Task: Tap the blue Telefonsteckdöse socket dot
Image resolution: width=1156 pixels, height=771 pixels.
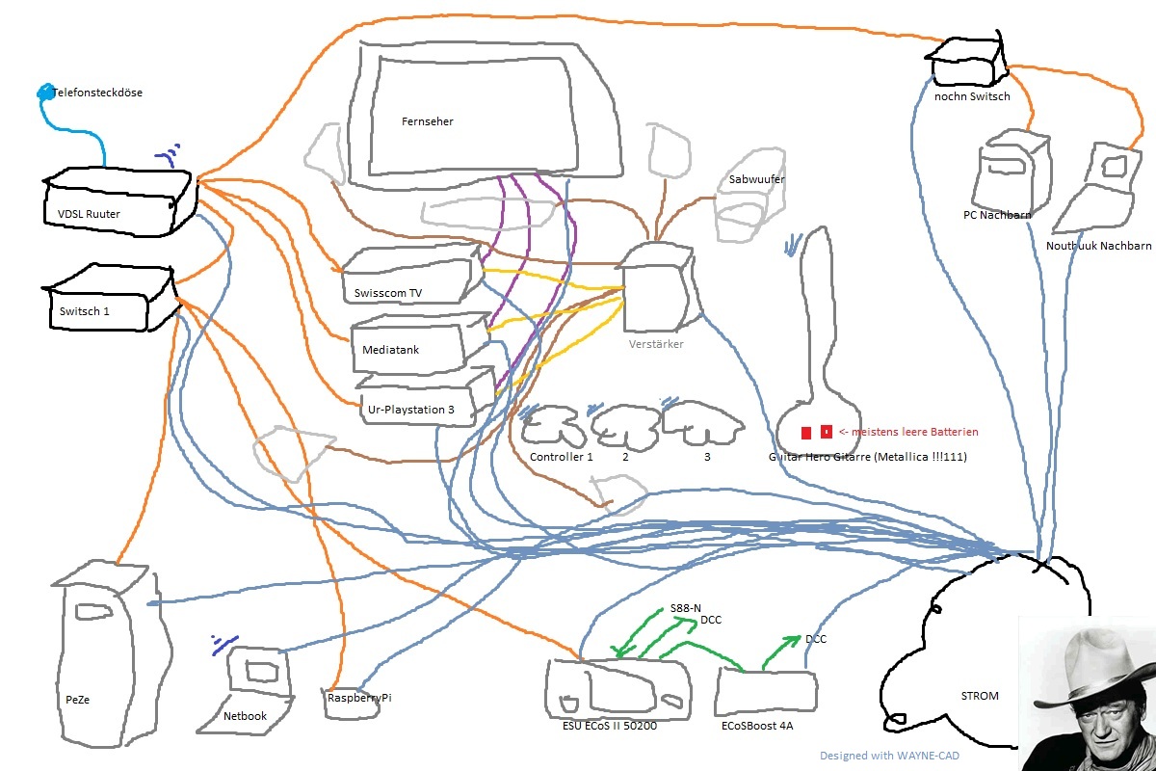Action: tap(44, 93)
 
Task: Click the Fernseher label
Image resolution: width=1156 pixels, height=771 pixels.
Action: tap(428, 122)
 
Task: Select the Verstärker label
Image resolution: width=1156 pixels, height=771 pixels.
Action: tap(655, 344)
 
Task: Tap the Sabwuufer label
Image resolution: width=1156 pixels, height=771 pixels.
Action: tap(756, 180)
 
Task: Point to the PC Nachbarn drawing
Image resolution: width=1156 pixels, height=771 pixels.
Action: tap(1011, 173)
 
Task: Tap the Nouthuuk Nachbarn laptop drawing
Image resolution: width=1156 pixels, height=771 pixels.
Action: tap(1098, 193)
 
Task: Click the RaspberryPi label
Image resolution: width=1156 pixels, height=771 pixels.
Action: tap(359, 698)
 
